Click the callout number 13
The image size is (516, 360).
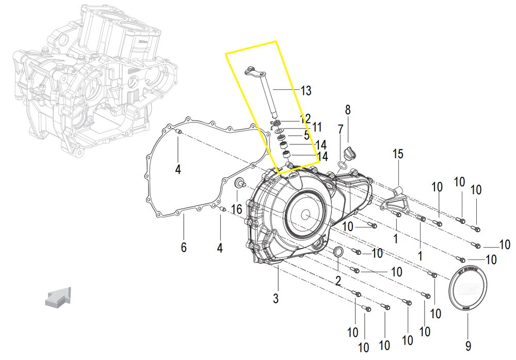coord(305,91)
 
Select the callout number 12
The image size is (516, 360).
coord(305,119)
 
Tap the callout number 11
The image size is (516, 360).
coord(316,127)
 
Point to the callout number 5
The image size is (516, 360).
coord(307,136)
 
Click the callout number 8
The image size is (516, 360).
coord(348,109)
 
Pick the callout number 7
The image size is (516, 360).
coord(341,129)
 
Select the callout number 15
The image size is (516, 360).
coord(397,154)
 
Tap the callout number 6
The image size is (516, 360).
coord(183,248)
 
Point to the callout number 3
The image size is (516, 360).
coord(276,298)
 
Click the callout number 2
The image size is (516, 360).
coord(338,282)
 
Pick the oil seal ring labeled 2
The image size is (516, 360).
coord(338,252)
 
